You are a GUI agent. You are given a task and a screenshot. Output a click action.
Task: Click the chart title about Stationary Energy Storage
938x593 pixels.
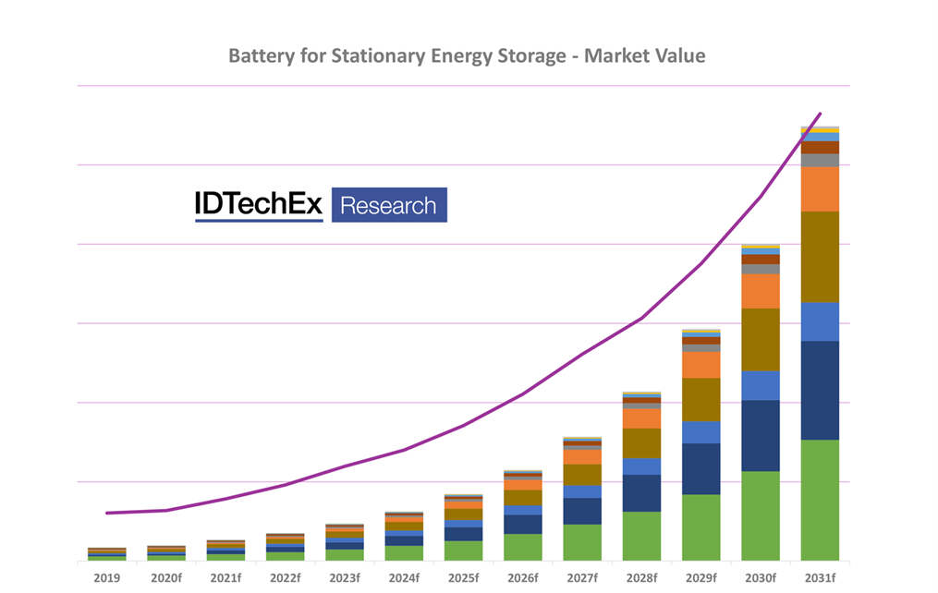pos(467,56)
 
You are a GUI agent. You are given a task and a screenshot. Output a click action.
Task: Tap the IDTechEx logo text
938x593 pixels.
pos(259,205)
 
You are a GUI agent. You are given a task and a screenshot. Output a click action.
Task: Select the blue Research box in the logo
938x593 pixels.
pos(389,205)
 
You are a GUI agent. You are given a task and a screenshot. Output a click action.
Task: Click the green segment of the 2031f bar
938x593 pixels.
pos(820,500)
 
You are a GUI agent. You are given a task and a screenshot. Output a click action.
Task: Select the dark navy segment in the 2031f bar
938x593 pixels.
pos(820,390)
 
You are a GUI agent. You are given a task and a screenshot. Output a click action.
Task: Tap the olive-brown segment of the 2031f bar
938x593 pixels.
pos(820,257)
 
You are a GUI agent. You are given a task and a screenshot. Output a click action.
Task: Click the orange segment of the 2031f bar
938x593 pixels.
pos(820,188)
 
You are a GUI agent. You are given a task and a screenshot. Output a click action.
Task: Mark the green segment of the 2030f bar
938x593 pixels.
pos(761,515)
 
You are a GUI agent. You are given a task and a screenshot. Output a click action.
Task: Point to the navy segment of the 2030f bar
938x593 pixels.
pos(761,435)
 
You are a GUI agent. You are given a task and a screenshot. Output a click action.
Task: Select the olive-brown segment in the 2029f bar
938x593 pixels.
pos(701,399)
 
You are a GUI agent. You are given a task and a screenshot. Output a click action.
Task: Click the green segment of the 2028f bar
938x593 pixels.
pos(641,536)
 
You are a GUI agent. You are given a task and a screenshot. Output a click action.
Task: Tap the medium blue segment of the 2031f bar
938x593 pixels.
pos(820,321)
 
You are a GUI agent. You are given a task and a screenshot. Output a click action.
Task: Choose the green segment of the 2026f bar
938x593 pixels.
pos(523,547)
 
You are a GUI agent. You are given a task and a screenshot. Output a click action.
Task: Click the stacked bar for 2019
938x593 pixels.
pos(107,553)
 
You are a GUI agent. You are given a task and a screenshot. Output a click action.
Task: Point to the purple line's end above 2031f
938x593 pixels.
pos(820,115)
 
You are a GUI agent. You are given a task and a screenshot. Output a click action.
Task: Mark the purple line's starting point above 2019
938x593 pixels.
pos(107,513)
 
